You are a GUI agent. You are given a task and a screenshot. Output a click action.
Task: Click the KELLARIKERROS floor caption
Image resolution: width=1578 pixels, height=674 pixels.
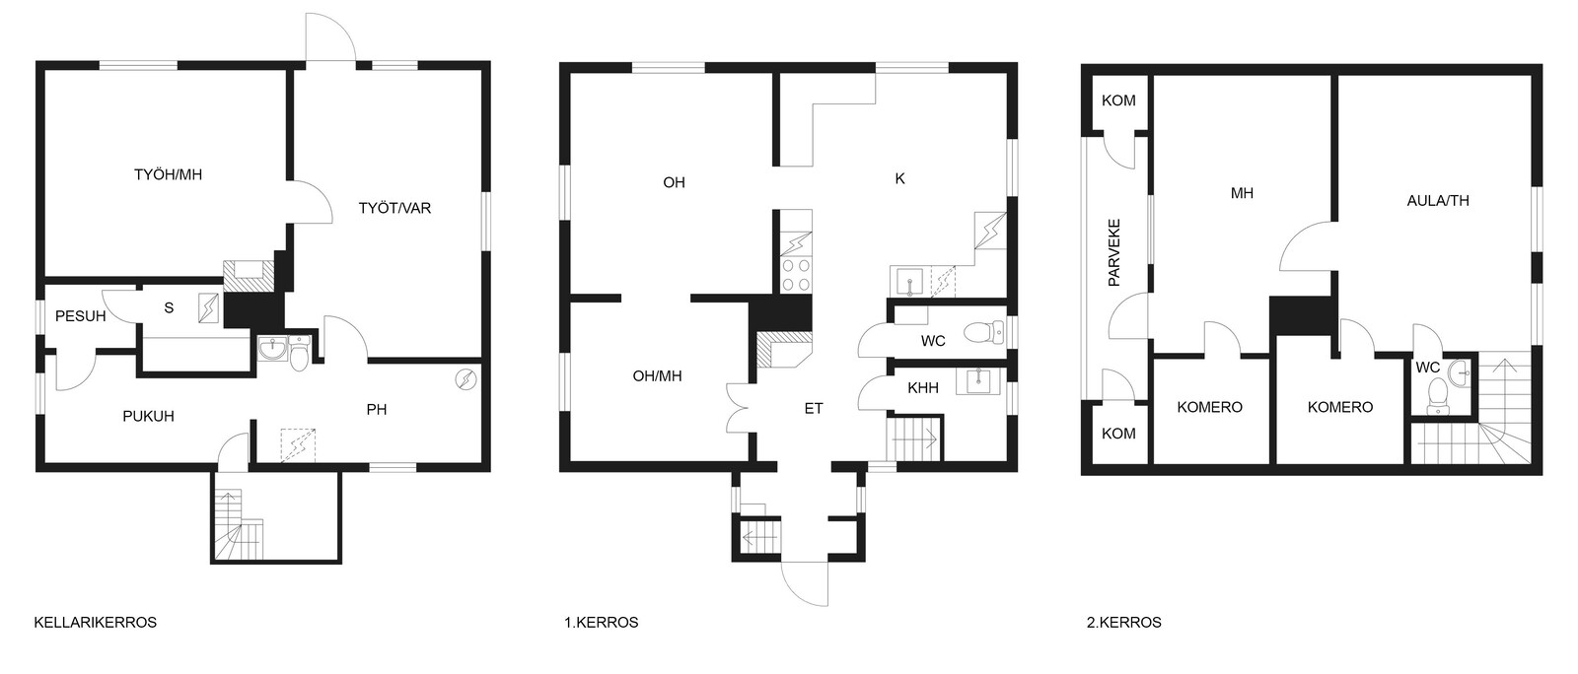click(95, 623)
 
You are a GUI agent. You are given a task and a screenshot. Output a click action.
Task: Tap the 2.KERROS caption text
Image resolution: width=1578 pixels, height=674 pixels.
click(1123, 623)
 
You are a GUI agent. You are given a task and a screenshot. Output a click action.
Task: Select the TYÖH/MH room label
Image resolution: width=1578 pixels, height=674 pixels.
click(168, 174)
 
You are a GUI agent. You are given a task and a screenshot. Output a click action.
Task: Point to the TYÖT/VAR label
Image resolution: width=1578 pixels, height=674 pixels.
click(394, 208)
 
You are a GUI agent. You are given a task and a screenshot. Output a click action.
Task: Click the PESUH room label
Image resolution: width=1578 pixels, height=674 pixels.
click(80, 316)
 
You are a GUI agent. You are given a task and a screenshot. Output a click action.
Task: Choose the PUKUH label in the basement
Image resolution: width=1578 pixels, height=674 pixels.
click(148, 417)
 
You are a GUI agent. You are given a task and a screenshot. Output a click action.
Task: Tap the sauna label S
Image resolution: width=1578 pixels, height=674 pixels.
click(169, 308)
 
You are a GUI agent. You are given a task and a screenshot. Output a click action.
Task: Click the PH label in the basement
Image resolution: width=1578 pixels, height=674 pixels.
click(376, 410)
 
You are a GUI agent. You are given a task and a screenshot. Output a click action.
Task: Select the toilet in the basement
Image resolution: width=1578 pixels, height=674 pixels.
click(300, 354)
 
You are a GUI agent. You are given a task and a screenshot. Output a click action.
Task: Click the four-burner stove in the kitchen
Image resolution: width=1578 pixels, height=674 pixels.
click(796, 275)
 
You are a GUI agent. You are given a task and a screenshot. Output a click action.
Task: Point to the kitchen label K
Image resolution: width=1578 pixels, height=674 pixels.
click(899, 179)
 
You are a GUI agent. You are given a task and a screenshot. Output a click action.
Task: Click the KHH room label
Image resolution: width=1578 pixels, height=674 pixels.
click(923, 388)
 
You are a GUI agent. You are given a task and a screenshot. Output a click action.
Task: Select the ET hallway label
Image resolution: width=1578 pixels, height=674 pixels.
click(814, 409)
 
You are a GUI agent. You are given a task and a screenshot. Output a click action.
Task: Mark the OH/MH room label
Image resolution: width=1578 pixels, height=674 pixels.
click(657, 376)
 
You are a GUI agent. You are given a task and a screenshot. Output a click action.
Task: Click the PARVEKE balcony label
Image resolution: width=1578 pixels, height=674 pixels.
click(1113, 252)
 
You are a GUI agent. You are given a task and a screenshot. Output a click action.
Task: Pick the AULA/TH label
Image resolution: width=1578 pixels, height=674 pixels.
click(1438, 201)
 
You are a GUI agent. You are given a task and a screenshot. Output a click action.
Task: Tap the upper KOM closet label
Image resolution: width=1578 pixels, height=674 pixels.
click(1118, 101)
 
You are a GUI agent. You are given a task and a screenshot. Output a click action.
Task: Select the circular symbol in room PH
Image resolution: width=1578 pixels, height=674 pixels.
click(466, 380)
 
